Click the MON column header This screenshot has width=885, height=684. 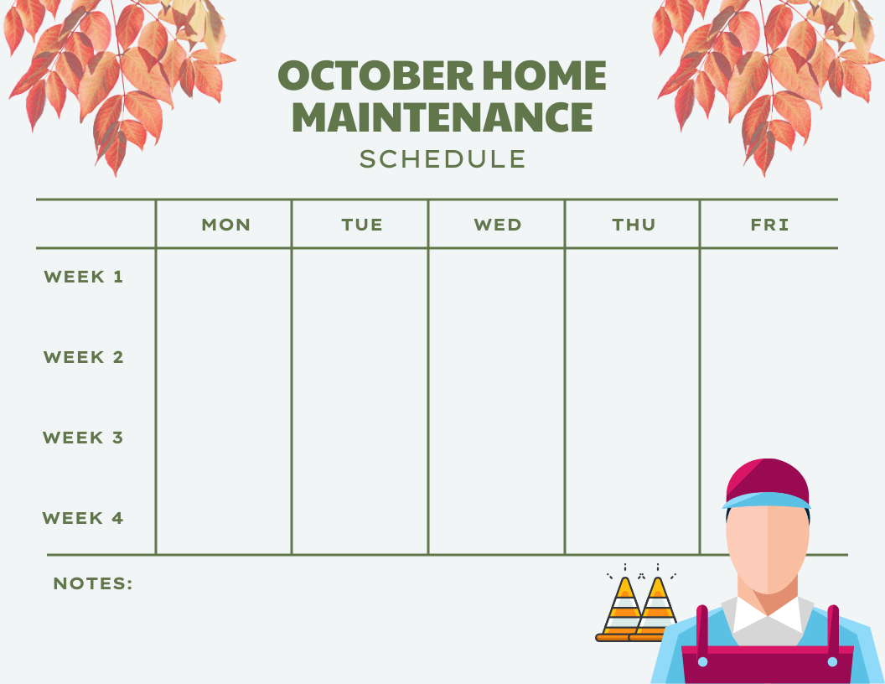pos(225,225)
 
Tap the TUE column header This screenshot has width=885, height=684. pos(362,225)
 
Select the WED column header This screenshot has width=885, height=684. pos(497,225)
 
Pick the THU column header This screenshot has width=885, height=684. pos(634,225)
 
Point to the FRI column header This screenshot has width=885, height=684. pos(769,225)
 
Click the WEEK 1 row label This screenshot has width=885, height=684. pos(84,277)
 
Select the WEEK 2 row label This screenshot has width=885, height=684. pos(84,357)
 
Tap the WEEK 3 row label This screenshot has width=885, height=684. pos(84,438)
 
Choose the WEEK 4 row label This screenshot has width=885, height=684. pos(84,518)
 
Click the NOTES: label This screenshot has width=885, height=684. pos(93,583)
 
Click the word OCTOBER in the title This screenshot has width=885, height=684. pos(372,77)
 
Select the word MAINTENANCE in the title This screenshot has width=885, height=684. pos(442,117)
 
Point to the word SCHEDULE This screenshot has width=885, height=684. pos(442,159)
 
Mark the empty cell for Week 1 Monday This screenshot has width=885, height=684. pos(224,285)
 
